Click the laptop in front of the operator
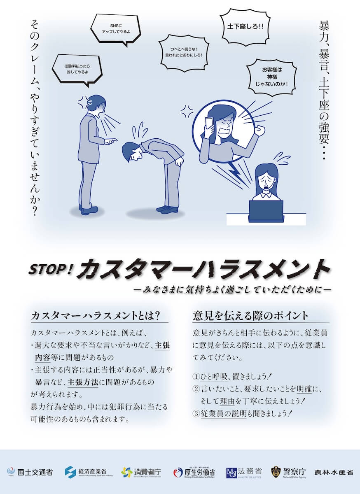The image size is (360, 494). point(266,210)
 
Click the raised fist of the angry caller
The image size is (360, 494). point(259,130)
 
